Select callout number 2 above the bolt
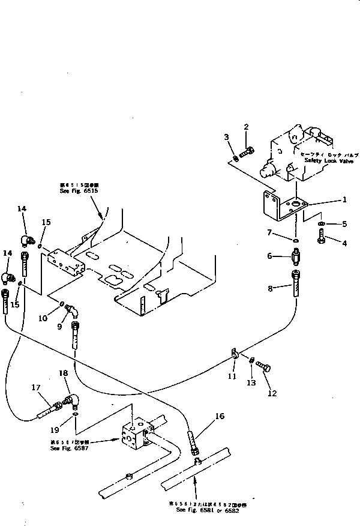(x=246, y=126)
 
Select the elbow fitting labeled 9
(x=71, y=310)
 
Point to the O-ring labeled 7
(x=296, y=242)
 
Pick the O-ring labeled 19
(x=75, y=414)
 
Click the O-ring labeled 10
(x=62, y=304)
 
